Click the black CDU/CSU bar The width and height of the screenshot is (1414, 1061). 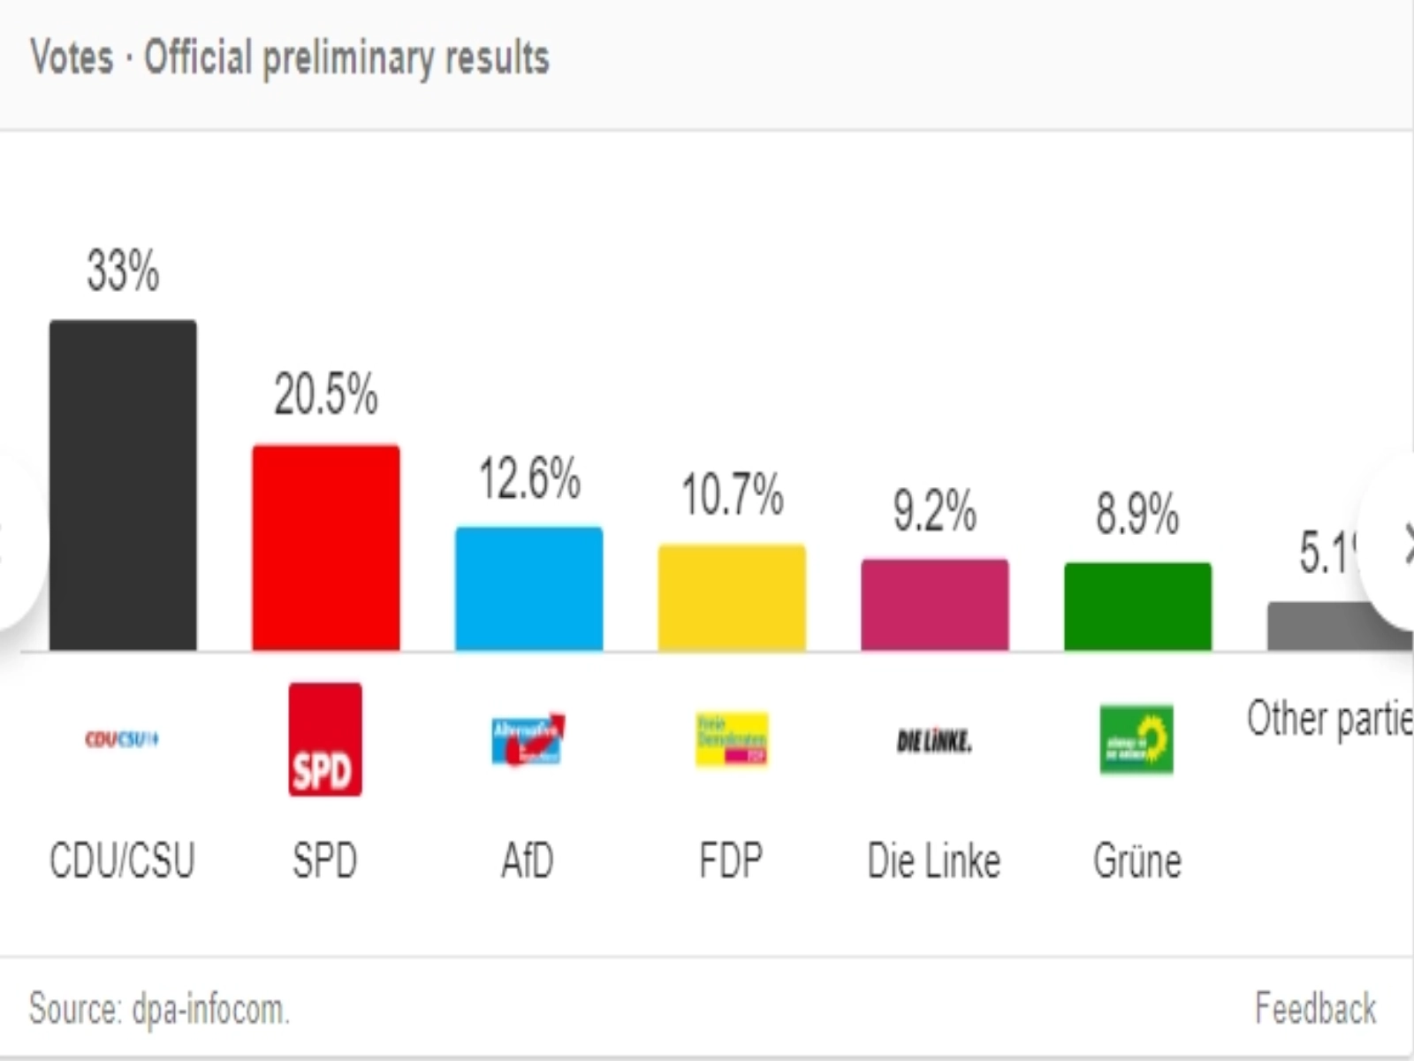click(x=123, y=485)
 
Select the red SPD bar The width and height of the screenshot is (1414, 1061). click(x=326, y=548)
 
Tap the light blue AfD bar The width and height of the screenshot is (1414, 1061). click(x=528, y=589)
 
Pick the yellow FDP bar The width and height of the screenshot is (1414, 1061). click(x=732, y=598)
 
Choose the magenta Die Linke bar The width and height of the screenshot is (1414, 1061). click(x=935, y=606)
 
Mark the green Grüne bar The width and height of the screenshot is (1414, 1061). click(x=1137, y=607)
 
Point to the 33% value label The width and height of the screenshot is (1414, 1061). click(x=123, y=271)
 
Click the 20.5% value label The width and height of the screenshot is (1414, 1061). click(x=326, y=394)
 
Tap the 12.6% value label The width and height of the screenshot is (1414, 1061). click(x=529, y=478)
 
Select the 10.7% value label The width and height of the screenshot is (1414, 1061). click(x=732, y=494)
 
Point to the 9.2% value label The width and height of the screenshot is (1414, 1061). click(x=935, y=511)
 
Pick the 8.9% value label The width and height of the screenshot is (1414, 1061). click(x=1137, y=514)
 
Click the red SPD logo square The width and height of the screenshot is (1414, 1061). click(x=325, y=739)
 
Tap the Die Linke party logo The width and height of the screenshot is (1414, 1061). click(x=934, y=741)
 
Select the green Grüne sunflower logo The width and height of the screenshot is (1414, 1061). click(x=1137, y=739)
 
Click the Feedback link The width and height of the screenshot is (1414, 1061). click(x=1315, y=1009)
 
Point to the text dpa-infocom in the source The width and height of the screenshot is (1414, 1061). click(x=210, y=1010)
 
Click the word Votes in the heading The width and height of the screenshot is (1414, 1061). click(x=72, y=57)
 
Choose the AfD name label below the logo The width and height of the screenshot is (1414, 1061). click(x=528, y=860)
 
